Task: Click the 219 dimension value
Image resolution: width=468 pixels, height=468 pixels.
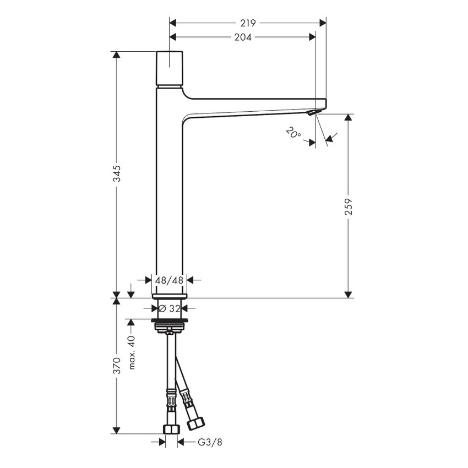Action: pyautogui.click(x=248, y=23)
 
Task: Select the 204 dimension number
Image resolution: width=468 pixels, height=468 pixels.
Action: pyautogui.click(x=243, y=37)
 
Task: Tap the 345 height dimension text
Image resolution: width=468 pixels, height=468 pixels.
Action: pyautogui.click(x=117, y=175)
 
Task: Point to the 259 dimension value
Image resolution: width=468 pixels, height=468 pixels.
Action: pyautogui.click(x=349, y=206)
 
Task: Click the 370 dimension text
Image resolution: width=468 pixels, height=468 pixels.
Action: pyautogui.click(x=117, y=365)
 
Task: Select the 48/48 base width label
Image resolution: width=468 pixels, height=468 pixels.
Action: pyautogui.click(x=169, y=280)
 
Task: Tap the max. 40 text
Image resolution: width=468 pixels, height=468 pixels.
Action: pyautogui.click(x=131, y=353)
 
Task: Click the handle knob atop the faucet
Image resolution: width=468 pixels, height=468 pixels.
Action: pyautogui.click(x=170, y=69)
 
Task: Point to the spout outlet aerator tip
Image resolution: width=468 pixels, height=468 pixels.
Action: pyautogui.click(x=312, y=112)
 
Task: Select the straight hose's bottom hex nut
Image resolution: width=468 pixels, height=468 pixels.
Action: pyautogui.click(x=170, y=428)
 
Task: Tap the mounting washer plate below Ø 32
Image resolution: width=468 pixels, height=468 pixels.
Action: pyautogui.click(x=170, y=320)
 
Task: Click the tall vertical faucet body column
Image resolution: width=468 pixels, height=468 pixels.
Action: pyautogui.click(x=170, y=193)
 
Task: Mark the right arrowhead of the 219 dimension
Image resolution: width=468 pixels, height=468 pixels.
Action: pyautogui.click(x=323, y=23)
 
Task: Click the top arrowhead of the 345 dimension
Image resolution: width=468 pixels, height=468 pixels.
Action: pyautogui.click(x=117, y=56)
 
